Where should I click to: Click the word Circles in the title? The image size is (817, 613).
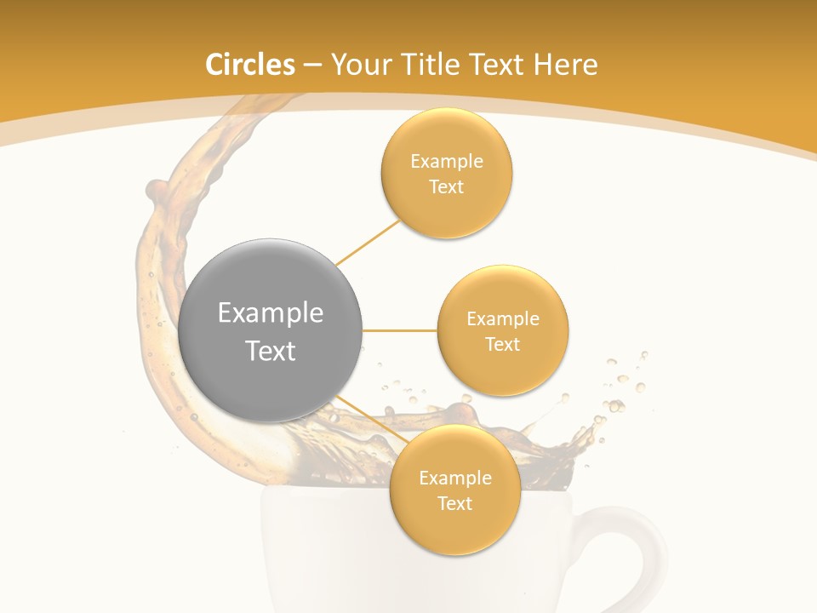[250, 65]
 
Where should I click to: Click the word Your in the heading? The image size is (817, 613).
[361, 65]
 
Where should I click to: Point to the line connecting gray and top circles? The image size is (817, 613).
[368, 242]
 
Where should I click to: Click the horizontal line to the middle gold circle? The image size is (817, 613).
[400, 330]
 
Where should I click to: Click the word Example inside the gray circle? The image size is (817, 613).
[271, 313]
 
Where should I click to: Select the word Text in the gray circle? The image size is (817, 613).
[271, 351]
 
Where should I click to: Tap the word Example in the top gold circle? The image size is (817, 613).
[447, 162]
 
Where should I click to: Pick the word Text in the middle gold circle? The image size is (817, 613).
[503, 345]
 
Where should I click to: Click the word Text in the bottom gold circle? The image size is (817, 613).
[454, 504]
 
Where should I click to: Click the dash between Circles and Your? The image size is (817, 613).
[312, 66]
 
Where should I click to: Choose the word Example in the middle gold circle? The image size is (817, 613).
[503, 319]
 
